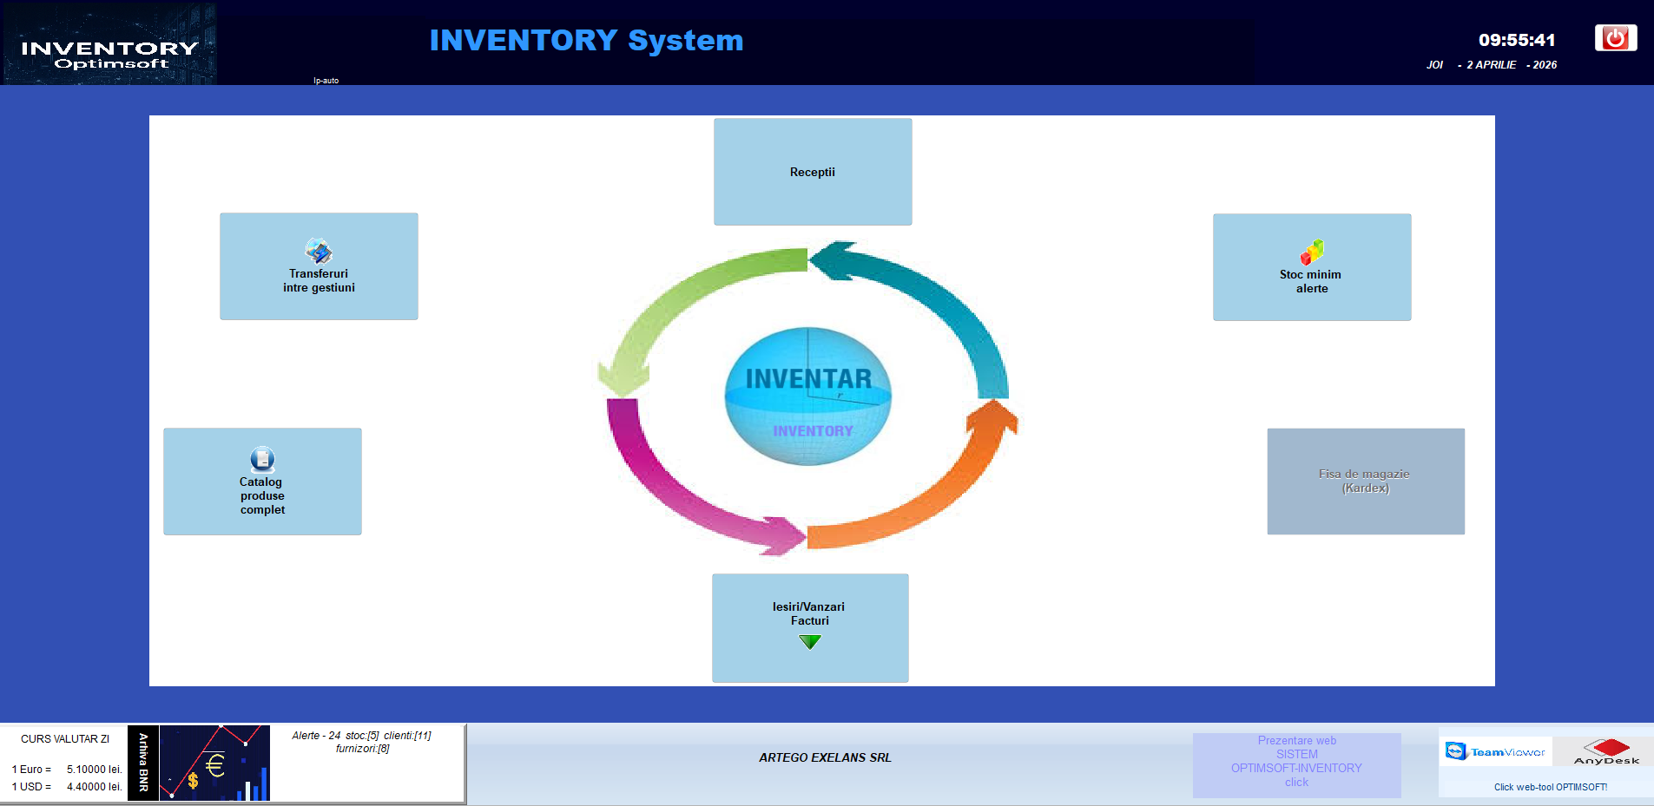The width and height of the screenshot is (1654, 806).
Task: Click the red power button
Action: (1615, 38)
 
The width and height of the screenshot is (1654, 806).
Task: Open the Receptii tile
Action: (813, 172)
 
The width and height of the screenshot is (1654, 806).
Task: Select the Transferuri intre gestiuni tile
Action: (319, 266)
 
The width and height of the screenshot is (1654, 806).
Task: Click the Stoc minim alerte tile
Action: (1312, 267)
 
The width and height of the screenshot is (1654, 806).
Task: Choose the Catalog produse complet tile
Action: (262, 482)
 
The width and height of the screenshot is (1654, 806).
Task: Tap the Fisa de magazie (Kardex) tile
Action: (1366, 482)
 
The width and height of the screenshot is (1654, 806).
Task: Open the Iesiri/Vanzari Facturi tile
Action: (810, 613)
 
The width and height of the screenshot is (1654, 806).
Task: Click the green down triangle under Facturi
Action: (810, 642)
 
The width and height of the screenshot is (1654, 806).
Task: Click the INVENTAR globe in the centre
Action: (808, 396)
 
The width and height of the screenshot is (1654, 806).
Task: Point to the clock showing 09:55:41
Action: (1517, 40)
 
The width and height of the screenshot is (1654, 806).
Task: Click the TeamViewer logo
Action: (1495, 751)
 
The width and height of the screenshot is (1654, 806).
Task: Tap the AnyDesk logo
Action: (1606, 751)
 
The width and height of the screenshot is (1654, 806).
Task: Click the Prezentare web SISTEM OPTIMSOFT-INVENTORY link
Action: (1296, 762)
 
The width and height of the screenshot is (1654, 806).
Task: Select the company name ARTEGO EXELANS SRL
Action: (825, 757)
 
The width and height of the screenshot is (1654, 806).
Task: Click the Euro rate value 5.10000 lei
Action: (94, 770)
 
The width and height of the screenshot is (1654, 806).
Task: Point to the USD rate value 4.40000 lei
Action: (94, 787)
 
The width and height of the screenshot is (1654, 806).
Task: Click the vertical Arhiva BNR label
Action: (143, 763)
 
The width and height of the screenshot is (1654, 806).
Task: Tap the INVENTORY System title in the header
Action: (586, 40)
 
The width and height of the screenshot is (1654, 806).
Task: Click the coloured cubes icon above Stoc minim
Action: (1312, 252)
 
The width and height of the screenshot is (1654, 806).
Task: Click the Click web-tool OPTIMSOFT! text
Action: (1550, 787)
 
